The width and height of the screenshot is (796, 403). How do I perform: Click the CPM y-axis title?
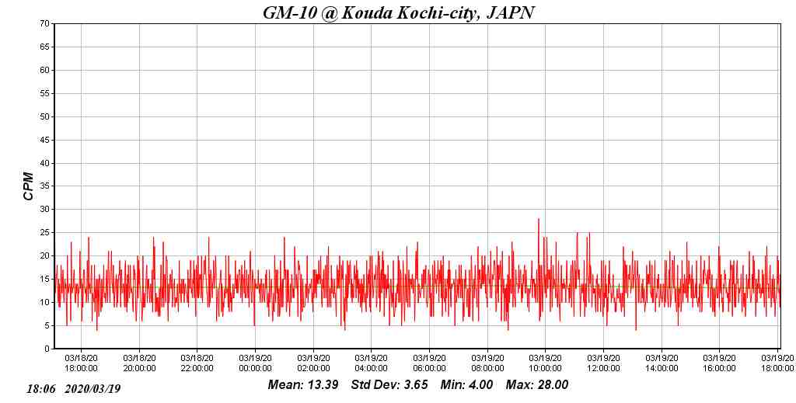pos(29,186)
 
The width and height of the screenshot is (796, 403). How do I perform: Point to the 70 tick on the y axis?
pos(45,23)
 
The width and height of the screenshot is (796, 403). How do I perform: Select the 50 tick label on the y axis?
pos(45,116)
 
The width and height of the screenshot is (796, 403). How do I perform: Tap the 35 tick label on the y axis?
pos(45,186)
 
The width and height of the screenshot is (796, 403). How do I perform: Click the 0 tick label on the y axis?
pos(47,349)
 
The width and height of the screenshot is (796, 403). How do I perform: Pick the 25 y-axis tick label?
pos(45,232)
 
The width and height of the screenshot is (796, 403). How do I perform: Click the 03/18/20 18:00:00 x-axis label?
pos(81,363)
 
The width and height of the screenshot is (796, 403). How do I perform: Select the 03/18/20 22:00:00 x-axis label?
pos(197,363)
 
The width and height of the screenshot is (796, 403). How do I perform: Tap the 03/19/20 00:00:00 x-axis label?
pos(255,363)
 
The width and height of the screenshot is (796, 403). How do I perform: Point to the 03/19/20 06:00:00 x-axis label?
pos(429,363)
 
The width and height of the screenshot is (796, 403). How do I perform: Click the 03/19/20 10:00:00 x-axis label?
pos(545,363)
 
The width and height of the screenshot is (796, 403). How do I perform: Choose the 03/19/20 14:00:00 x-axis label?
pos(661,363)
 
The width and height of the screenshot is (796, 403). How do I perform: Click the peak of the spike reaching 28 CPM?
pos(538,219)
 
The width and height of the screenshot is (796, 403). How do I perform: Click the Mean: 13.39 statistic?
pos(302,385)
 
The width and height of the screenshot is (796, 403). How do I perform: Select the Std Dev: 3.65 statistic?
pos(389,385)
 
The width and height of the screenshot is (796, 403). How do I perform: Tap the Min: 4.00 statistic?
pos(466,385)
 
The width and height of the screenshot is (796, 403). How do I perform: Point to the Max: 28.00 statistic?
pos(537,385)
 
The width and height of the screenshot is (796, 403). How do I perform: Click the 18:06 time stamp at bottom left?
pos(41,388)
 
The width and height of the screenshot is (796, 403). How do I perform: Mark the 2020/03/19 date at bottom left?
pos(93,388)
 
